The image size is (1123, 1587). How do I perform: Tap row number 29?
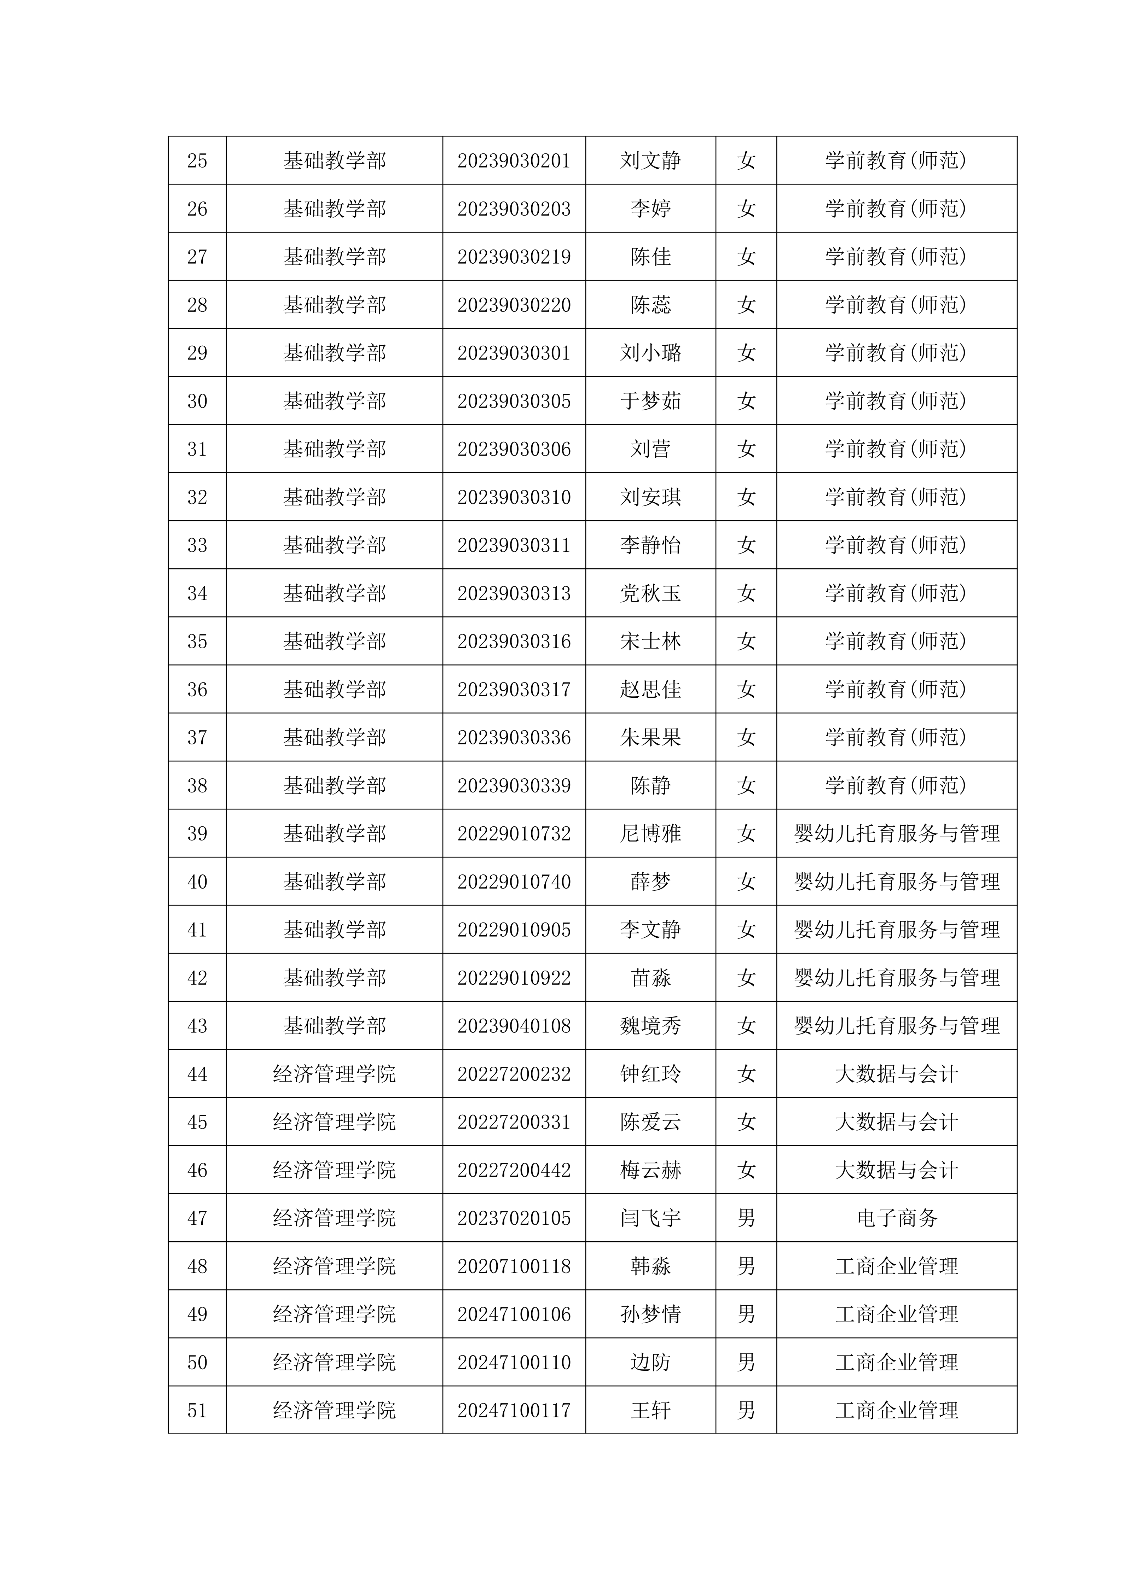(x=197, y=353)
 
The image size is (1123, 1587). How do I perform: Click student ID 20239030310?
(x=514, y=497)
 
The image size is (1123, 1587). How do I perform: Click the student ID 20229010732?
(x=514, y=833)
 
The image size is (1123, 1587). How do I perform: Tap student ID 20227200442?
(x=514, y=1170)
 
